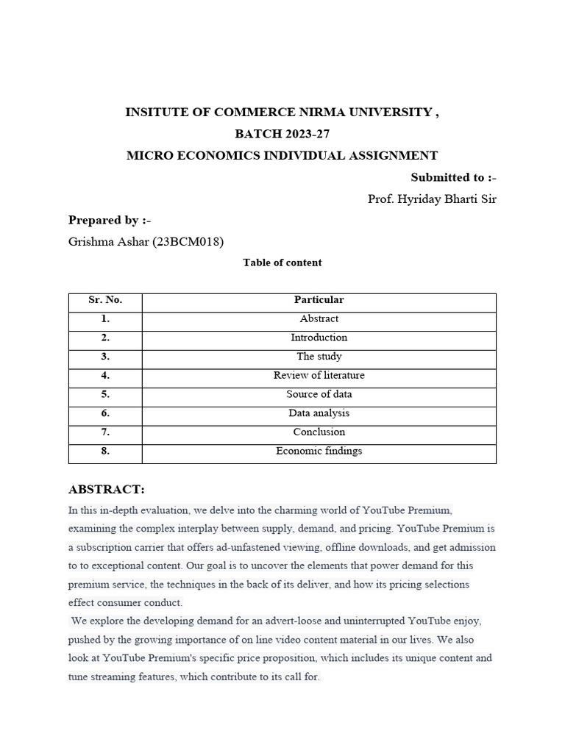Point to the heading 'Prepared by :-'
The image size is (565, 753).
110,220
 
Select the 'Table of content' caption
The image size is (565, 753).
282,263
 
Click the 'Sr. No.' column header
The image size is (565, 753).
105,300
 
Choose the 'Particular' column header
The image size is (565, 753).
319,300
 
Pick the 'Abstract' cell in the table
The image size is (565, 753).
319,319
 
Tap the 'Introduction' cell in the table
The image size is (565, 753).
319,338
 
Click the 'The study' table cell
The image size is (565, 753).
319,357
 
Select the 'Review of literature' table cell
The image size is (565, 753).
319,376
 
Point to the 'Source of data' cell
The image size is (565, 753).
319,394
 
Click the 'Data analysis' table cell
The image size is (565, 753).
319,413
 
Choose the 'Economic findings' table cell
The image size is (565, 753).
319,452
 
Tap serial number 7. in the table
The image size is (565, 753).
105,432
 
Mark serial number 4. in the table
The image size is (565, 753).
105,376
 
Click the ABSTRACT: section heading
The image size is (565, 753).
107,490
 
